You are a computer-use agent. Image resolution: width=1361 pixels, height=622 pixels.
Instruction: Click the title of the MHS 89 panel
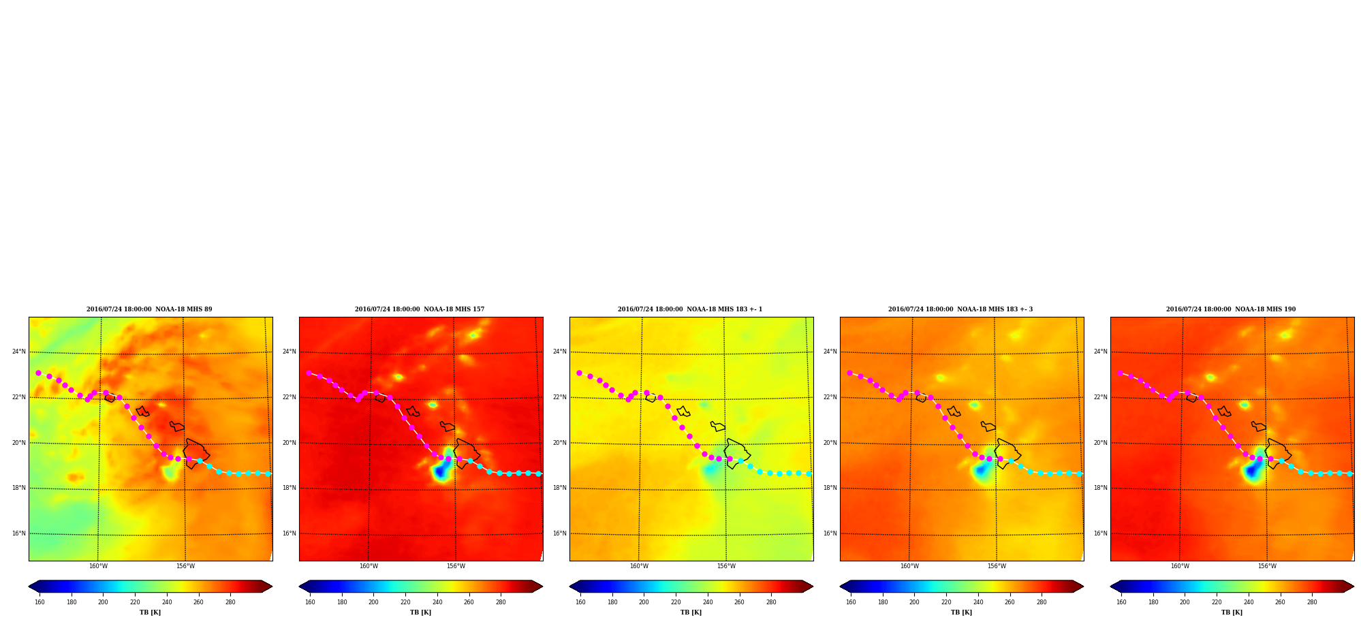(x=149, y=309)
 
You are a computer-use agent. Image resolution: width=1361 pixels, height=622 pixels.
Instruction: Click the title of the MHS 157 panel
(x=420, y=309)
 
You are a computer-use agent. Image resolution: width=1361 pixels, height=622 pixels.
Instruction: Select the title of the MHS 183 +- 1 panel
(x=690, y=309)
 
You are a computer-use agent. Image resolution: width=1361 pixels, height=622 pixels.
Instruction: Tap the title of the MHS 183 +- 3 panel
(x=960, y=309)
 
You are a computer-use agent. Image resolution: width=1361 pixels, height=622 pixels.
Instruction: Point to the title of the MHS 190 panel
(x=1231, y=309)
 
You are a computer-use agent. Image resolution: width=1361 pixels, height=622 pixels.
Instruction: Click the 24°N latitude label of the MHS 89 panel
(x=18, y=352)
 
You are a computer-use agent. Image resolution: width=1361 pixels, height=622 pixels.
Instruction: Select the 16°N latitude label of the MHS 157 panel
(x=289, y=533)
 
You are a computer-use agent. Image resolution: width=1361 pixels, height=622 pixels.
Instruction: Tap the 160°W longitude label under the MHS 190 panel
(x=1180, y=566)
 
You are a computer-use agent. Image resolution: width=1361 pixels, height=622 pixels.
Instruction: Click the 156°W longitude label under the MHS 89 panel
(x=185, y=566)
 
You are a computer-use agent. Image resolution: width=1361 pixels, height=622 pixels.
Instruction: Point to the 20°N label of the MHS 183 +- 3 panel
(x=830, y=443)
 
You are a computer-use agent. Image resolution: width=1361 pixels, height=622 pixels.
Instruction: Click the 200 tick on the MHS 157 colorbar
(x=373, y=602)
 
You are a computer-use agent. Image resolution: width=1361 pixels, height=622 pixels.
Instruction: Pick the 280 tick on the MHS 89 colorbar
(x=230, y=602)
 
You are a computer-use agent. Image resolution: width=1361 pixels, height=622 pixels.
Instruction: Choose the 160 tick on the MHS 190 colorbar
(x=1121, y=602)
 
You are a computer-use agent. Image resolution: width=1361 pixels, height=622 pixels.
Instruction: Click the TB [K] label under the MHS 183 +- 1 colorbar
(x=691, y=612)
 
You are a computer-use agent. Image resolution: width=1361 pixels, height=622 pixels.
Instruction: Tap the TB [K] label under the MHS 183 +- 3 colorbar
(x=961, y=612)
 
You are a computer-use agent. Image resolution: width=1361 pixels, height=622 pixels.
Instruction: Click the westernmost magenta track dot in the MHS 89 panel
(x=38, y=373)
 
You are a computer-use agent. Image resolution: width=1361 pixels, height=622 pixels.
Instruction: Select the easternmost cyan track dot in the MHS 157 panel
(x=538, y=473)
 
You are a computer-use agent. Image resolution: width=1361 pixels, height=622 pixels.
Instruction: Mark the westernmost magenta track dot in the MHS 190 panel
(x=1120, y=373)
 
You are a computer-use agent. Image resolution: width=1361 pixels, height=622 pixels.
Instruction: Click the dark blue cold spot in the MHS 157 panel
(x=441, y=470)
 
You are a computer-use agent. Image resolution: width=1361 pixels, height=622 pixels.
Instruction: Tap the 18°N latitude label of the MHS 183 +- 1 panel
(x=559, y=488)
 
